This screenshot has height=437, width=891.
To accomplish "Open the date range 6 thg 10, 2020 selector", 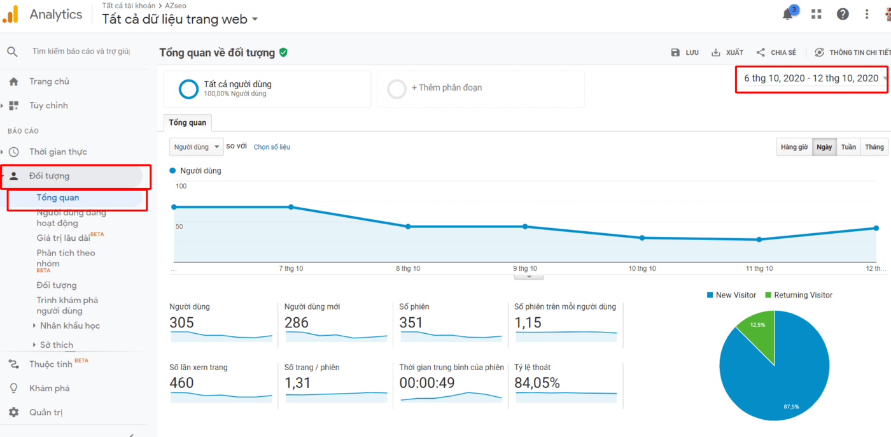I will [811, 78].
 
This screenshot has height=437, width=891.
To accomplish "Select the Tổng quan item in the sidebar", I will [58, 197].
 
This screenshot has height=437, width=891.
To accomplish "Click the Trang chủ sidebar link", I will [49, 82].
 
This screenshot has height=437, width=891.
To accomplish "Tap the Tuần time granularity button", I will [848, 147].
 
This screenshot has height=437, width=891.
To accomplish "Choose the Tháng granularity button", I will [874, 147].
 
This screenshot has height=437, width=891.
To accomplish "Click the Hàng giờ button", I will [794, 147].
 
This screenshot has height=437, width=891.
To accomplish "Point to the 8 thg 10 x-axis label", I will [408, 269].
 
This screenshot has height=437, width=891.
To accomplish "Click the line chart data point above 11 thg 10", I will [759, 240].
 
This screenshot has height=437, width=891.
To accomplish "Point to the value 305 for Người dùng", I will [182, 323].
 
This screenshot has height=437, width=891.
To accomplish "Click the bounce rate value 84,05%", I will [537, 383].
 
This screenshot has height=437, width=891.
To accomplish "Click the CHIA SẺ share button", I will [776, 53].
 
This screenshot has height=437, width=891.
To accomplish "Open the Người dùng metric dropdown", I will [196, 147].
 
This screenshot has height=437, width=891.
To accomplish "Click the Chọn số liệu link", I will [272, 147].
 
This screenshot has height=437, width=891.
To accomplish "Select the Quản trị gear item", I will [46, 412].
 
